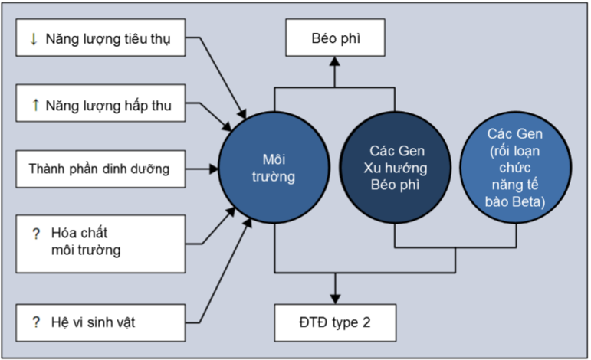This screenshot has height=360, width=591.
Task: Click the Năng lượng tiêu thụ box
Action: click(100, 38)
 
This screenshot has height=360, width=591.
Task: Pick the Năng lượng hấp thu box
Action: click(100, 106)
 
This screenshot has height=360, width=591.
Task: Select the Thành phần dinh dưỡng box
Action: click(100, 168)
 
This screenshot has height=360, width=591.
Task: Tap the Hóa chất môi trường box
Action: click(100, 243)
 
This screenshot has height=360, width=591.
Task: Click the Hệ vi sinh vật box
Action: click(100, 322)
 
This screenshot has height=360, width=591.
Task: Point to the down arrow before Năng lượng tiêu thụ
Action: click(33, 38)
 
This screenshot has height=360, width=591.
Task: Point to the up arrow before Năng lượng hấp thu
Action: click(33, 106)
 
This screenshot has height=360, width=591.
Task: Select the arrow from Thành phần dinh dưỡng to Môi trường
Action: click(201, 168)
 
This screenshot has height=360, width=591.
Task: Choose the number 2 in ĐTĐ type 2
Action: click(366, 322)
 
